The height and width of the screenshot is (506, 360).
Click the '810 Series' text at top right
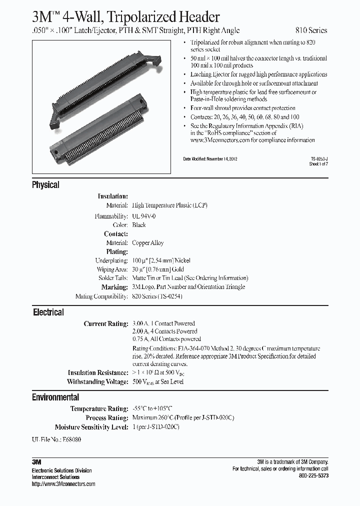[310, 30]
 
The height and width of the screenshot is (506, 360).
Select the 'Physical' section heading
[45, 185]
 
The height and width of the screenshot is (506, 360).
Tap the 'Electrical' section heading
[48, 312]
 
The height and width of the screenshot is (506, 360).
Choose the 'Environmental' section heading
[55, 397]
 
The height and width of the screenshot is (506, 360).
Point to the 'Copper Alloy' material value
[147, 243]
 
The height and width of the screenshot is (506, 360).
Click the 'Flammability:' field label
[111, 216]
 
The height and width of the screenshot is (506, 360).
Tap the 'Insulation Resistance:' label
[98, 373]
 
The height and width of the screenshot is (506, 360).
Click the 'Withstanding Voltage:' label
[97, 382]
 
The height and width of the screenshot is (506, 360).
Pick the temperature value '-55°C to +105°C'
[155, 408]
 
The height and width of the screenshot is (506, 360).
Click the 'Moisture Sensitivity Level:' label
[91, 427]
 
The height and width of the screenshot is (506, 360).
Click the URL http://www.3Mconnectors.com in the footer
[63, 484]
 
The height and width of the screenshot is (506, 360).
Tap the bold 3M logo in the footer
[36, 462]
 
